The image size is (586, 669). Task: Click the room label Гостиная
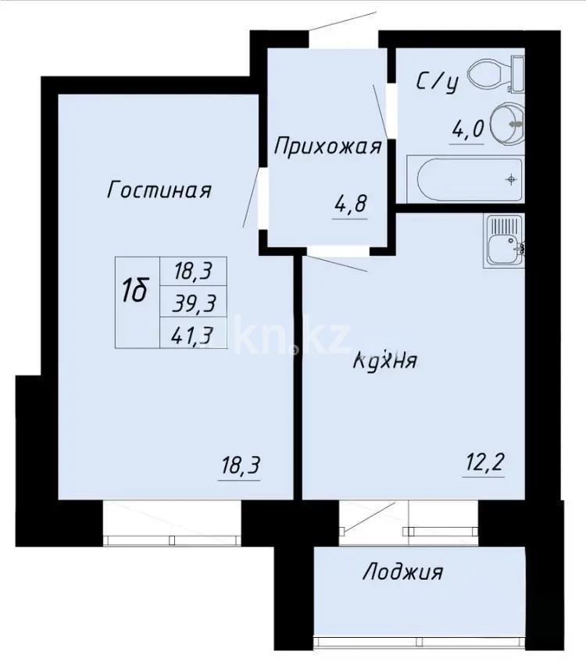click(x=159, y=190)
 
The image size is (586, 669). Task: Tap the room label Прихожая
click(x=327, y=147)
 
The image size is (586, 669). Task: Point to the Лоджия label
click(x=402, y=572)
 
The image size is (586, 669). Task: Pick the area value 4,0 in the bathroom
click(x=467, y=129)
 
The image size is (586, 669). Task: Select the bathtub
click(x=469, y=180)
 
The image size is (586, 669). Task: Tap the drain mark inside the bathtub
click(x=511, y=180)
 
